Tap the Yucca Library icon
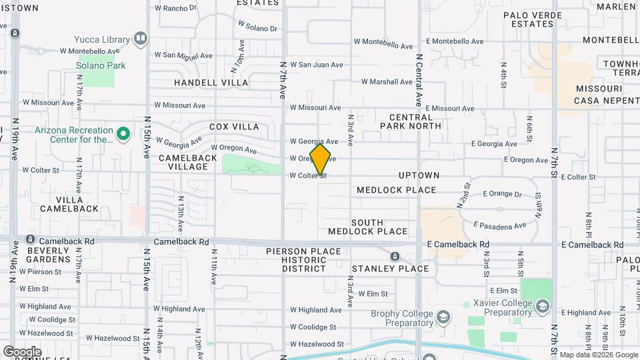point(140,38)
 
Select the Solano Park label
point(101,65)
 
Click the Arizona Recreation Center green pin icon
point(123,135)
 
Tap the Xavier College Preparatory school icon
point(543,307)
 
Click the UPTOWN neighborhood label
point(419,175)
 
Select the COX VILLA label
point(234,127)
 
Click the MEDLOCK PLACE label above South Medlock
point(396,190)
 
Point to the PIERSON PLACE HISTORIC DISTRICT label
point(303,260)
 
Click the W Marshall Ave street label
point(387,82)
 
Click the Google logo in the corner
point(22,352)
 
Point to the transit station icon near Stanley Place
point(395,257)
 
